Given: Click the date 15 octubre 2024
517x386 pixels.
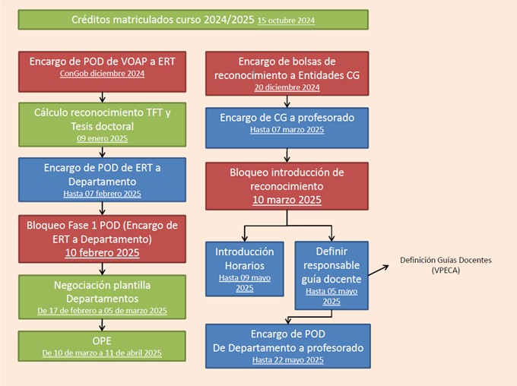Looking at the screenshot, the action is pyautogui.click(x=286, y=21).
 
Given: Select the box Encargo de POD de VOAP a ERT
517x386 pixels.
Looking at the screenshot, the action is pyautogui.click(x=102, y=71).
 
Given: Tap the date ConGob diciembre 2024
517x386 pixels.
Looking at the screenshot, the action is pyautogui.click(x=102, y=74).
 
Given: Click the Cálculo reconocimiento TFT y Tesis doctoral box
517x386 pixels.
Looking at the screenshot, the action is pyautogui.click(x=102, y=125).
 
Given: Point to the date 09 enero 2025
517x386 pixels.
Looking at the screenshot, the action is pyautogui.click(x=102, y=138).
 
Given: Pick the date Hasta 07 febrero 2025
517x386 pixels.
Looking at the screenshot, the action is pyautogui.click(x=102, y=194).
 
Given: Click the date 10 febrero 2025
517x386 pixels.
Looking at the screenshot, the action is pyautogui.click(x=102, y=253).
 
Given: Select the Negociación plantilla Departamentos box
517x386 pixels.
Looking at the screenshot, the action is pyautogui.click(x=102, y=297).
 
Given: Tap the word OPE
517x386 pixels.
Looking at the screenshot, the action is pyautogui.click(x=102, y=341).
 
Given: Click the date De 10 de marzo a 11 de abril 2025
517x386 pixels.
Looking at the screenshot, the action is pyautogui.click(x=102, y=353).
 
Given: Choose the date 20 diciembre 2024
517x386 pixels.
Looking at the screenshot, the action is pyautogui.click(x=287, y=87).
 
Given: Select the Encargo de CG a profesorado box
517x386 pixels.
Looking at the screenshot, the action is pyautogui.click(x=287, y=128).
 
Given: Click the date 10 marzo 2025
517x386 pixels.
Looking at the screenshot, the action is pyautogui.click(x=287, y=200).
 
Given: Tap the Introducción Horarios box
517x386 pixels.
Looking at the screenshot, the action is pyautogui.click(x=245, y=269).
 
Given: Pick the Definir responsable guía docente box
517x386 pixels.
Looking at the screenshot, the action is pyautogui.click(x=331, y=276).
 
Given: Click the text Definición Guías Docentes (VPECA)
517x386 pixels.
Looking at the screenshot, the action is pyautogui.click(x=446, y=265).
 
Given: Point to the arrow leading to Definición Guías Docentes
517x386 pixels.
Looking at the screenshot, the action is pyautogui.click(x=379, y=271).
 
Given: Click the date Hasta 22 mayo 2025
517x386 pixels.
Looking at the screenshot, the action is pyautogui.click(x=288, y=360).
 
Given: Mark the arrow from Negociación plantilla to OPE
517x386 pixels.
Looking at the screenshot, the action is pyautogui.click(x=102, y=325).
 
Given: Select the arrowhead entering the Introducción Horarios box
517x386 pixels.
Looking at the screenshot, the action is pyautogui.click(x=245, y=238).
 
